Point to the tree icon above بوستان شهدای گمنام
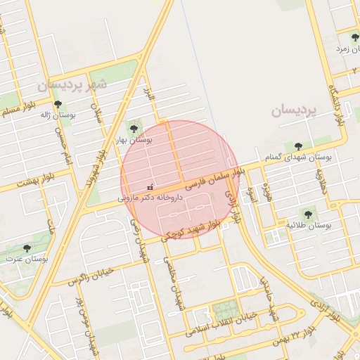tap(298, 146)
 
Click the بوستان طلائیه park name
tap(309, 225)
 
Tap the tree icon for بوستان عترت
tap(27, 248)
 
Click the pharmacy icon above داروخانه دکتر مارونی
tap(149, 187)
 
